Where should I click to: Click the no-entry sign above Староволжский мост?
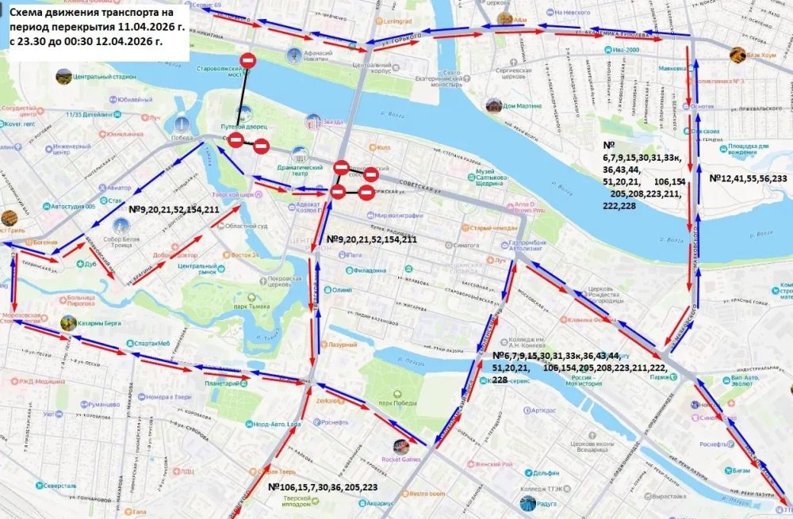point(247,60)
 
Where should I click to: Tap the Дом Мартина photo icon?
point(493,105)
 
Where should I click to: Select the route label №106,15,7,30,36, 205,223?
point(323,487)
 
